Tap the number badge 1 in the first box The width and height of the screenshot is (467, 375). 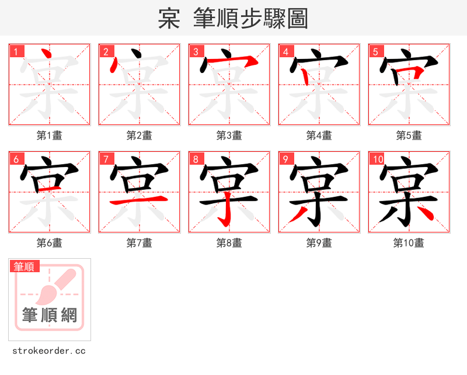[16, 51]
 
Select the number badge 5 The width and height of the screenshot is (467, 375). [375, 51]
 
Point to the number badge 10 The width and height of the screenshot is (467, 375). [377, 159]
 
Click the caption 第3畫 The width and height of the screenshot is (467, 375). [229, 136]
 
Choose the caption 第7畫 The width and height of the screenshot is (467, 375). [139, 243]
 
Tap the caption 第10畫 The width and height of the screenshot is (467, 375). [409, 243]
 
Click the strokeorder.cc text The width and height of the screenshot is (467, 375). [49, 351]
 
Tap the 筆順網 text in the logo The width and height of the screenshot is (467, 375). [50, 315]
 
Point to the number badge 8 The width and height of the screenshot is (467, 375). [196, 159]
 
